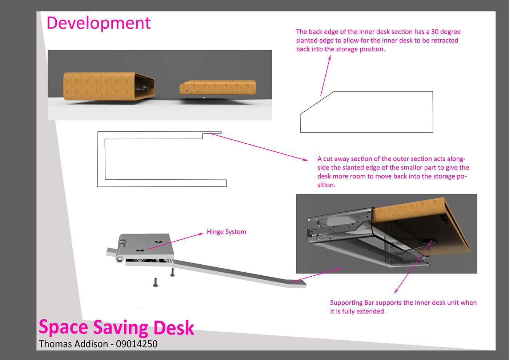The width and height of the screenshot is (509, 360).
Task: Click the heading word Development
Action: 98,23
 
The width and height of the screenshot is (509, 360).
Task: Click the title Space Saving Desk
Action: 116,327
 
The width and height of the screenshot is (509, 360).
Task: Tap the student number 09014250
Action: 137,344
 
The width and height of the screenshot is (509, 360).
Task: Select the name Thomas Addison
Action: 73,344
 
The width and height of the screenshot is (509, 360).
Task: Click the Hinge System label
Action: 226,232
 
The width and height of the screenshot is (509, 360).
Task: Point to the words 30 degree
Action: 446,32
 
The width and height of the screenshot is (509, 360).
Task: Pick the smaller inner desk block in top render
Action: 217,88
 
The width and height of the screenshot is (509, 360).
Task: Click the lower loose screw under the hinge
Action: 156,283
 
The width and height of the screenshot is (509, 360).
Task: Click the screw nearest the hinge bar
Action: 172,272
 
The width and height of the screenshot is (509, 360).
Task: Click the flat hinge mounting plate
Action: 147,245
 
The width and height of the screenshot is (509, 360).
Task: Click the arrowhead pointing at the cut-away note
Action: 306,159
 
